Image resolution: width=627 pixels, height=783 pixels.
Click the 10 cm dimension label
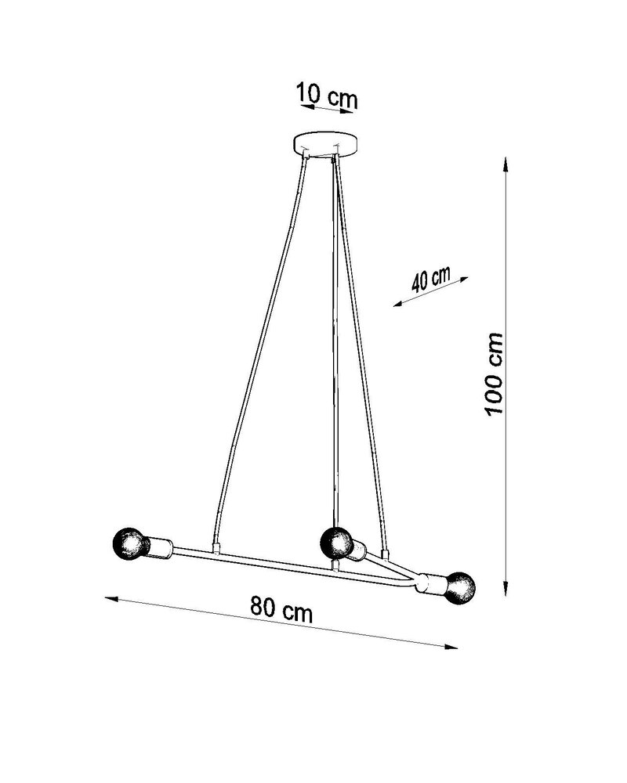[327, 97]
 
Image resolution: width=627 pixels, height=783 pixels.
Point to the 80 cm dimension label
[281, 608]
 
